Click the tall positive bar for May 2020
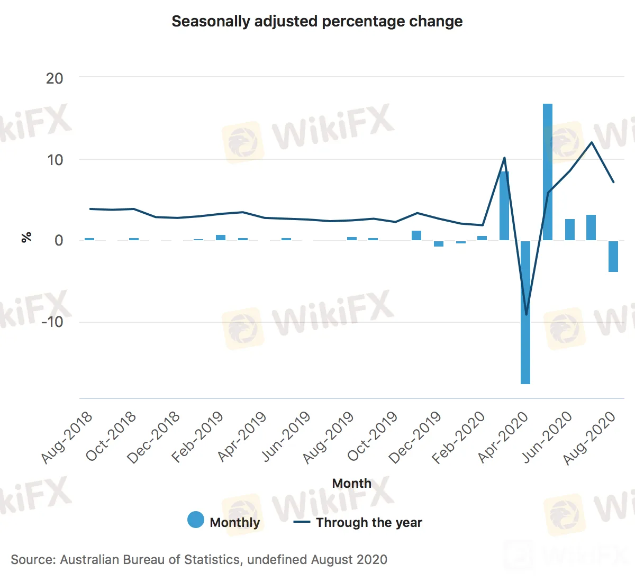point(548,172)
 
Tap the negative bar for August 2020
point(613,257)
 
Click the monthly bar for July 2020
point(591,228)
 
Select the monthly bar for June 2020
point(570,230)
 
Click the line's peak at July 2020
point(592,142)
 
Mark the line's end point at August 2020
point(613,182)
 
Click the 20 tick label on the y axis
point(55,78)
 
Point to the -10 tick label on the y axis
point(52,322)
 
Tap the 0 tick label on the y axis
point(59,241)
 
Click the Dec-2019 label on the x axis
point(415,438)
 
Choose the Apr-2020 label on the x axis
point(503,438)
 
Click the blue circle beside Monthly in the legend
point(196,520)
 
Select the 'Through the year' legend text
point(369,523)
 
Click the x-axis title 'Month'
point(351,483)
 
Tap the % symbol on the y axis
point(26,237)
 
